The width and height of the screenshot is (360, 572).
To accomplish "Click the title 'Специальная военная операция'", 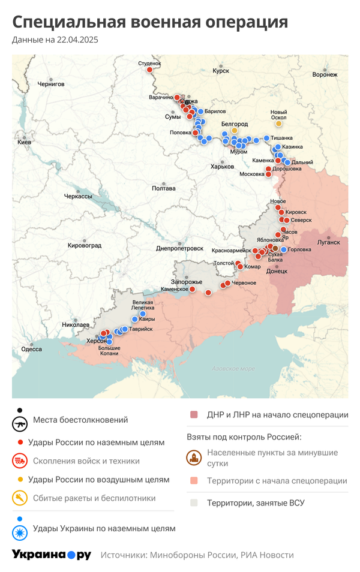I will point(150,23).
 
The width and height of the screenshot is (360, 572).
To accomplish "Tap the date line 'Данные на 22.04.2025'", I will point(55,40).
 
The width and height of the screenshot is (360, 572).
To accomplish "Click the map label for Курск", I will point(221,71).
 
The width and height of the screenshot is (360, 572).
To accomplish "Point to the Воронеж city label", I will point(325,75).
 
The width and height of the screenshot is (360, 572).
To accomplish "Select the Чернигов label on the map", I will point(51,85).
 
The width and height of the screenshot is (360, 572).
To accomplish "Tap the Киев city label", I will point(24,142).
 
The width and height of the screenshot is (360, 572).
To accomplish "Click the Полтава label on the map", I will point(164,188).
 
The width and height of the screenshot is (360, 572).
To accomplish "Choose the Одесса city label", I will point(31,348).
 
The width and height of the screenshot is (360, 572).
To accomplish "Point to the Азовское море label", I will point(233,369).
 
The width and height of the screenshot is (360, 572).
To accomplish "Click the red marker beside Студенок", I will point(149,70).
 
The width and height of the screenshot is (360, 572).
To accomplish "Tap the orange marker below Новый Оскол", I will point(278,124).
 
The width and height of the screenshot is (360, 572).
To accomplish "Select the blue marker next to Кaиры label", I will point(142,314).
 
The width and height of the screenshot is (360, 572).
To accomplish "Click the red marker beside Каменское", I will point(193,289).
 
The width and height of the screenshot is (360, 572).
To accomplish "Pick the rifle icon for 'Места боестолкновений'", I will point(20,423).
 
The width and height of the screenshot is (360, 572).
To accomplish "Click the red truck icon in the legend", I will point(20,461).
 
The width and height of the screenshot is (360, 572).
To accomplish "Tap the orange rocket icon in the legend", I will point(20,498).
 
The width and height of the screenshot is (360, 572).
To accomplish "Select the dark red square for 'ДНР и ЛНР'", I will point(194,415).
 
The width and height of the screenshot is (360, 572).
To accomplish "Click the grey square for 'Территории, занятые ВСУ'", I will point(194,503).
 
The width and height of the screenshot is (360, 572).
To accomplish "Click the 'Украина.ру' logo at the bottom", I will point(52,555).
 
